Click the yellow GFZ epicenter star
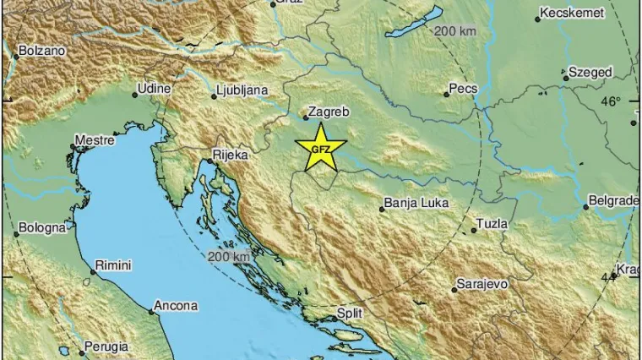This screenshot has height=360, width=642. point(321,149)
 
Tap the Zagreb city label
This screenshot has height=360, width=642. point(330,111)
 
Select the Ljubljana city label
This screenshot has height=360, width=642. point(242,89)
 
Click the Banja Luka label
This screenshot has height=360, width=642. point(416,204)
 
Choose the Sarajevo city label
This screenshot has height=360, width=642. point(481,284)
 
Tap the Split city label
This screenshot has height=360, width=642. point(350,313)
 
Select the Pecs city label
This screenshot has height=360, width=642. point(464,89)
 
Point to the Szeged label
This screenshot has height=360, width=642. point(590,73)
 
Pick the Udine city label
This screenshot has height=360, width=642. point(155,88)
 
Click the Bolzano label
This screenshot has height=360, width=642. point(41,51)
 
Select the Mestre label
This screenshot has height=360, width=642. point(95,140)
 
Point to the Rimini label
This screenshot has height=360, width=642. point(113,265)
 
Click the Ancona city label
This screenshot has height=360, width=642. point(177,306)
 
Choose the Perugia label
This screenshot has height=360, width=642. point(106,346)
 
